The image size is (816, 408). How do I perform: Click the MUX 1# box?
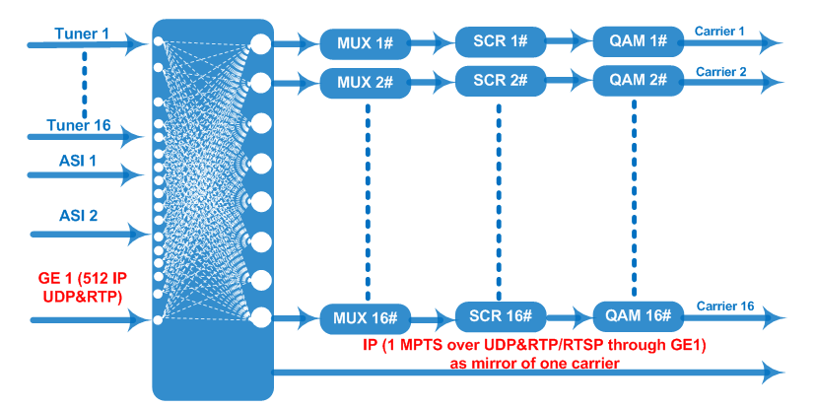pyautogui.click(x=366, y=43)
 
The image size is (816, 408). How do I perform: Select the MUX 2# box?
pyautogui.click(x=366, y=83)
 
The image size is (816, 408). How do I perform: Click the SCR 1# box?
pyautogui.click(x=501, y=41)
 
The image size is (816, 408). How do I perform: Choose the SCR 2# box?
pyautogui.click(x=501, y=81)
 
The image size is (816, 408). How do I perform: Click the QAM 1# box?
pyautogui.click(x=638, y=41)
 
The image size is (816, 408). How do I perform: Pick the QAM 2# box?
pyautogui.click(x=638, y=81)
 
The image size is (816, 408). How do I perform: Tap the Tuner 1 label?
pyautogui.click(x=82, y=34)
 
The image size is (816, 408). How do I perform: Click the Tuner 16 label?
pyautogui.click(x=79, y=125)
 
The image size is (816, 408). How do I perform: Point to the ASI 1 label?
pyautogui.click(x=77, y=162)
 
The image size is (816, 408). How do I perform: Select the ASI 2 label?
pyautogui.click(x=79, y=215)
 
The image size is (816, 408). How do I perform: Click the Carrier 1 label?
pyautogui.click(x=719, y=32)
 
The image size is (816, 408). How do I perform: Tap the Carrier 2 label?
pyautogui.click(x=721, y=72)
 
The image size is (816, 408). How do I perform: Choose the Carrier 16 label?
pyautogui.click(x=725, y=306)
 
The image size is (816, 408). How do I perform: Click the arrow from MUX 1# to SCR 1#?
pyautogui.click(x=434, y=43)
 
